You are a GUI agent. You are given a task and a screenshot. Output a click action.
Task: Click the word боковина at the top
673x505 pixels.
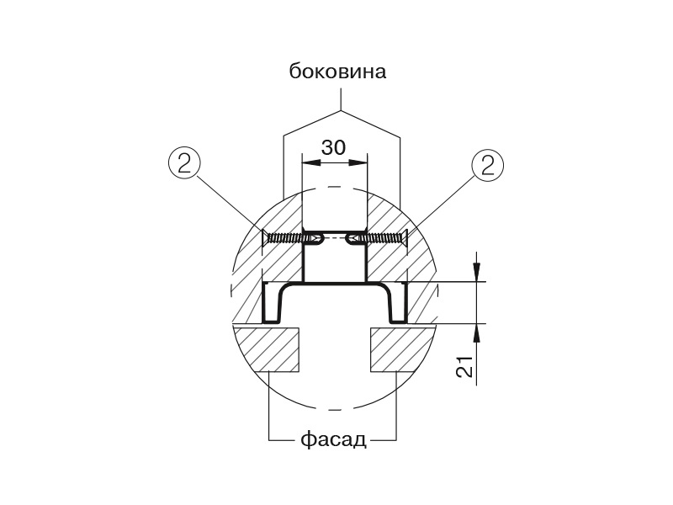click(x=337, y=72)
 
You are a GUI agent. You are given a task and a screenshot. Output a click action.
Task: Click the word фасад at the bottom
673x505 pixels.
click(x=332, y=440)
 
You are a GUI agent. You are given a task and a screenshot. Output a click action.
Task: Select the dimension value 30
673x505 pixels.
click(x=334, y=146)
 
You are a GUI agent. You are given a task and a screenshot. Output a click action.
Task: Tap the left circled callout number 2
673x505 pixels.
click(x=187, y=163)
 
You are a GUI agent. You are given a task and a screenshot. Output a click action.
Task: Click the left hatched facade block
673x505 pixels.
click(x=267, y=349)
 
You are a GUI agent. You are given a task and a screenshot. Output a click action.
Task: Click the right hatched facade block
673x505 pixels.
click(x=403, y=349)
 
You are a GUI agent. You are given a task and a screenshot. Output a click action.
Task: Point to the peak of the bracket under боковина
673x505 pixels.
click(x=341, y=110)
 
